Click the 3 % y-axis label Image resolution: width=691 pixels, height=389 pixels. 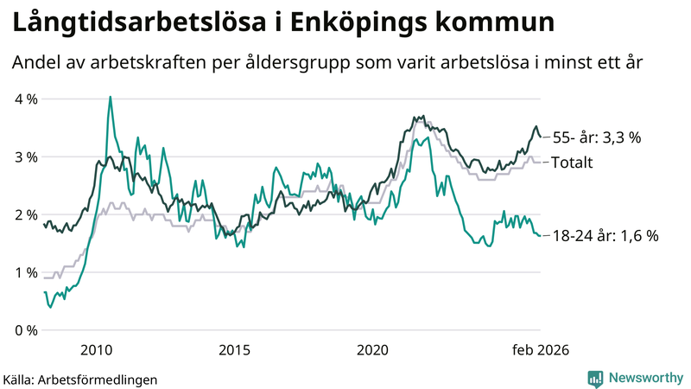click(x=27, y=156)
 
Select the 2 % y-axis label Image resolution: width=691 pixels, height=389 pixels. click(x=27, y=214)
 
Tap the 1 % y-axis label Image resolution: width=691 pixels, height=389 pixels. click(x=27, y=272)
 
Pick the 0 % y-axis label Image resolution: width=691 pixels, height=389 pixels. click(x=27, y=330)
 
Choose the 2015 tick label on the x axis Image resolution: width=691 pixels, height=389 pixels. click(x=234, y=349)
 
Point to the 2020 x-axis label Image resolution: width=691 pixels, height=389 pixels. click(x=372, y=349)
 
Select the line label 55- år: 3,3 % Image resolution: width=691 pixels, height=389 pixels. click(x=597, y=137)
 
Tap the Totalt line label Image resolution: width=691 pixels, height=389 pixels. click(x=571, y=162)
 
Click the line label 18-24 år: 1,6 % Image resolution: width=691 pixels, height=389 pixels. click(x=605, y=235)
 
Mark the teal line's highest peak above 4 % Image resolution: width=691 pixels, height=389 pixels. click(x=110, y=98)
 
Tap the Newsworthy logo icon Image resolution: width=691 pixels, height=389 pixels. click(x=595, y=378)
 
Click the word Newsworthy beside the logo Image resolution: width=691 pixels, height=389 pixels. click(x=643, y=378)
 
